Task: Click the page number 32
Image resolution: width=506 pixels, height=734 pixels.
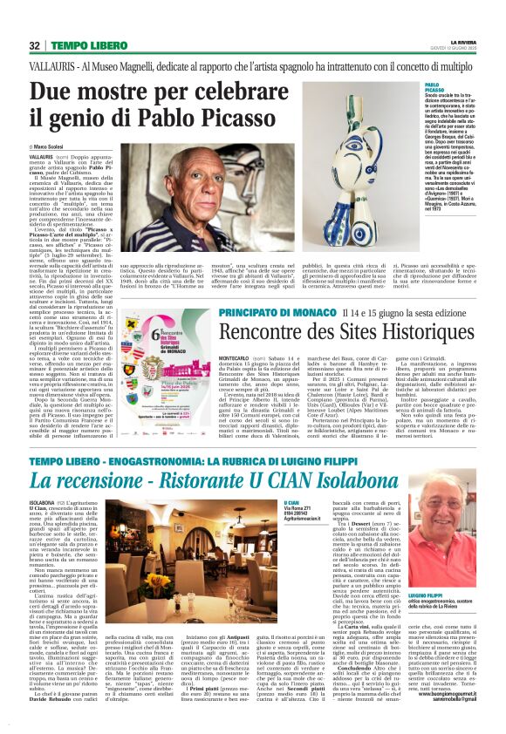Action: click(x=34, y=45)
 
